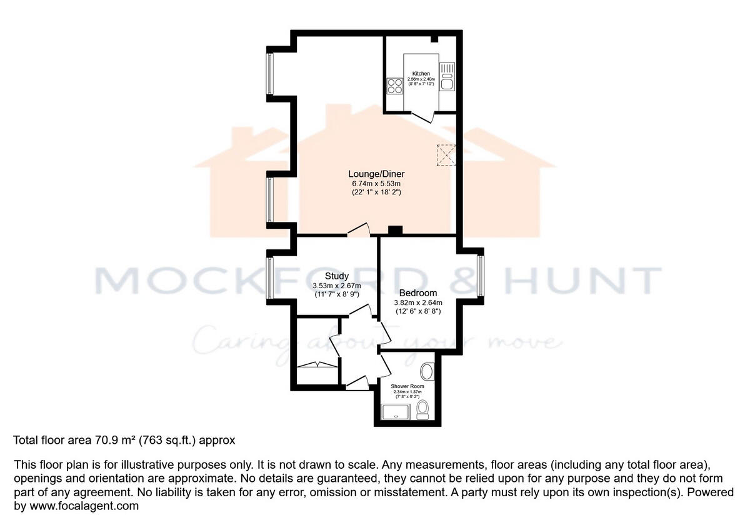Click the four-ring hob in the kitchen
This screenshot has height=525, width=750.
point(394,86)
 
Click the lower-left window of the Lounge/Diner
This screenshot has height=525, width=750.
point(270,199)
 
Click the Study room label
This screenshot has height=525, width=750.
point(336,276)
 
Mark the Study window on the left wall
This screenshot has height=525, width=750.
point(270,277)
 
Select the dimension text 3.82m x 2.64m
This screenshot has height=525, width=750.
point(417,303)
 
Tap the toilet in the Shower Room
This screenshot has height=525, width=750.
point(423,409)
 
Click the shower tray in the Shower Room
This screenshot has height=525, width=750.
point(396,411)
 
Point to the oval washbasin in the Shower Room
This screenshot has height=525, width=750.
point(428,372)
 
